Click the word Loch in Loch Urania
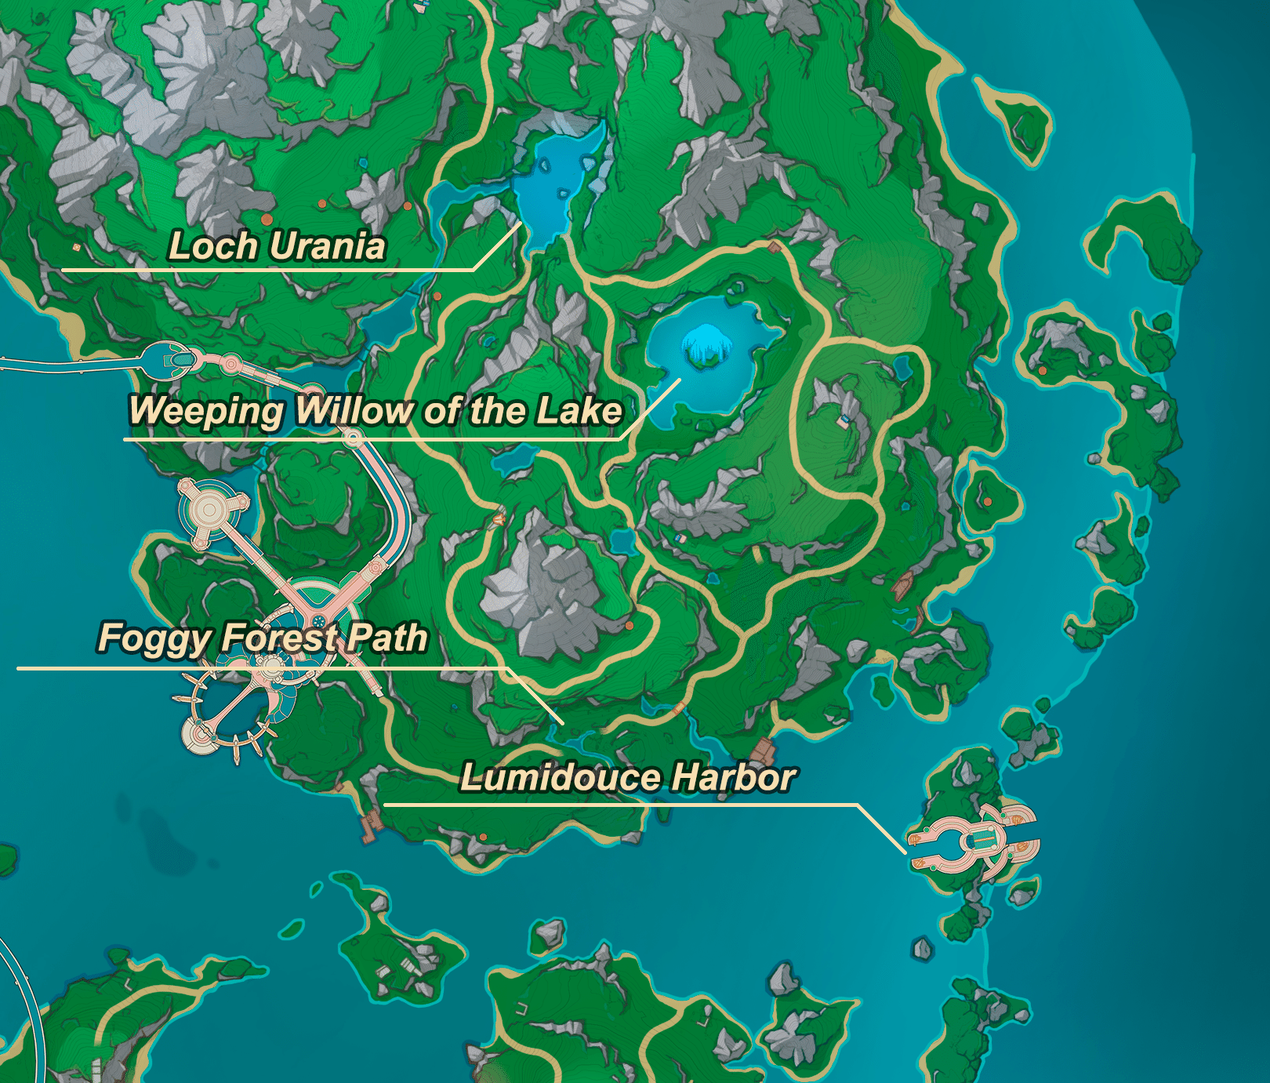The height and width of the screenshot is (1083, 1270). point(212,246)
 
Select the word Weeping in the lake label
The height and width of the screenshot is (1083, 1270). point(206,411)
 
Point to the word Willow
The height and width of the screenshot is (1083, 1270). point(354,411)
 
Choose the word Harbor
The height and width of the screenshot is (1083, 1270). point(734,778)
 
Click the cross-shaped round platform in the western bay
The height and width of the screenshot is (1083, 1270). point(209,511)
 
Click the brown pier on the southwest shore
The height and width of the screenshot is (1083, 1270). point(369,827)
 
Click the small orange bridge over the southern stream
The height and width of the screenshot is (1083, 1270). point(679,709)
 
